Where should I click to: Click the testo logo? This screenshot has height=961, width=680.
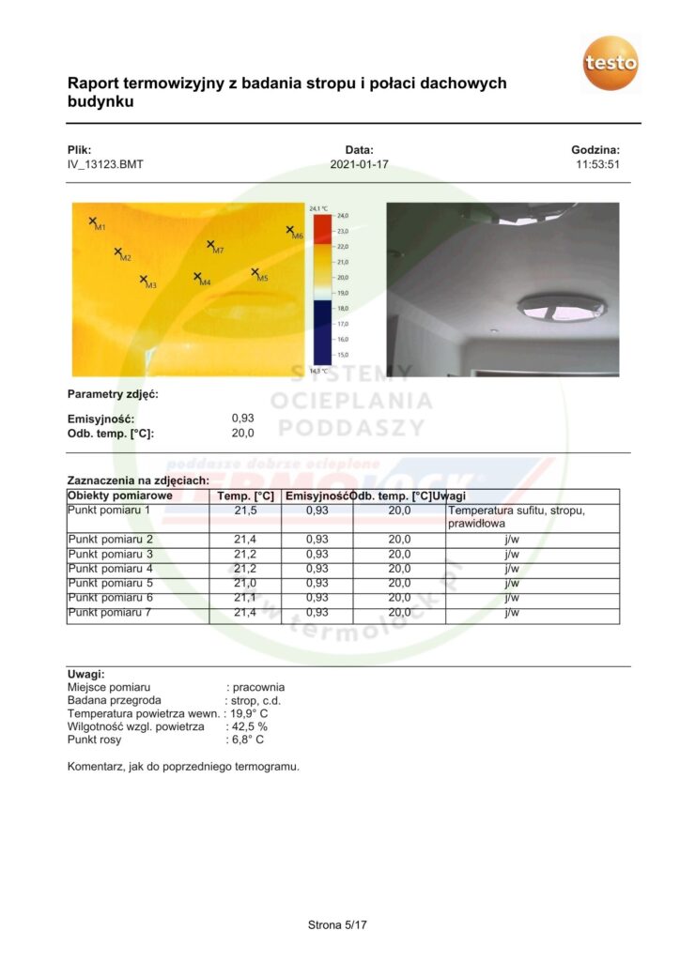click(610, 63)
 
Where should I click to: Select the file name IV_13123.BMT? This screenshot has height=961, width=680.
click(105, 164)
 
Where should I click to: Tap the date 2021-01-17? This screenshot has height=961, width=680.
click(359, 164)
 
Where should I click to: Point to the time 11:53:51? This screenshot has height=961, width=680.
click(597, 164)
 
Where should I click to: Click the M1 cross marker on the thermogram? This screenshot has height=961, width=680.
click(93, 221)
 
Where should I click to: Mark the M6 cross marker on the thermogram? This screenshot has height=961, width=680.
click(290, 229)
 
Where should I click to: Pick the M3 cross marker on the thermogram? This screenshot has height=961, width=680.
click(144, 279)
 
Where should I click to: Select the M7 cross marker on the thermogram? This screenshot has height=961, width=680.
click(211, 244)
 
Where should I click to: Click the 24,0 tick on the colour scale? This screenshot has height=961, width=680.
click(343, 216)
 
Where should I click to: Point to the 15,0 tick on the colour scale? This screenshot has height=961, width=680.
click(343, 355)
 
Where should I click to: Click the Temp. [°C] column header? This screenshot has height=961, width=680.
click(245, 496)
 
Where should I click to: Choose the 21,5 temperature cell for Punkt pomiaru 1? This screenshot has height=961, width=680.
click(245, 511)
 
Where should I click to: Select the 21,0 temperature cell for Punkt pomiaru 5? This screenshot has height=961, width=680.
click(245, 583)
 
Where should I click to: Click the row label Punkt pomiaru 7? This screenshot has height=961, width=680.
click(110, 612)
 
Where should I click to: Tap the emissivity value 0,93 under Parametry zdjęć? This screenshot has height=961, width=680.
click(242, 419)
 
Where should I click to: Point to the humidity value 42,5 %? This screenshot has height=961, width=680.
click(249, 726)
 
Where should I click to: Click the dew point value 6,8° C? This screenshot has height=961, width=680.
click(247, 740)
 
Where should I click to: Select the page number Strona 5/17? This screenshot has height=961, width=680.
click(337, 925)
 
